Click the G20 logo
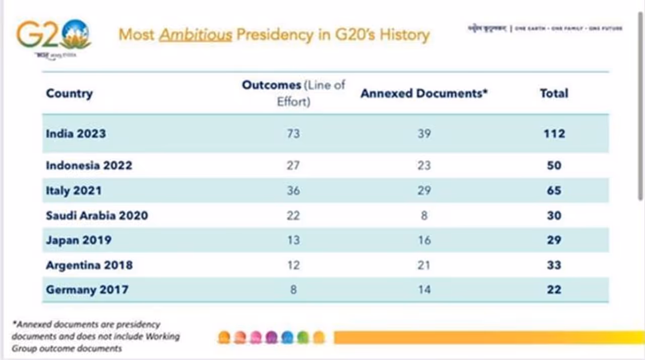53,35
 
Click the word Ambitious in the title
196,34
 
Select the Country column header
70,93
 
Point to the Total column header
554,93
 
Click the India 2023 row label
76,134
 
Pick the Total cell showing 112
554,134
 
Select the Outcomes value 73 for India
293,134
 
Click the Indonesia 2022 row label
89,165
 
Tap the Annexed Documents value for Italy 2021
424,190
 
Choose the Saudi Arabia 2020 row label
97,215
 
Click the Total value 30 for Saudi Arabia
554,215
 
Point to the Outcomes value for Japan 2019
293,240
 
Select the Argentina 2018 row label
89,265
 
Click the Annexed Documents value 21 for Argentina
424,265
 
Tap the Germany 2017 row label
87,289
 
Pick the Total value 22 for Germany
554,289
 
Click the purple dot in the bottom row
272,337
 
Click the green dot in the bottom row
303,337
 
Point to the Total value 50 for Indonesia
554,165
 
